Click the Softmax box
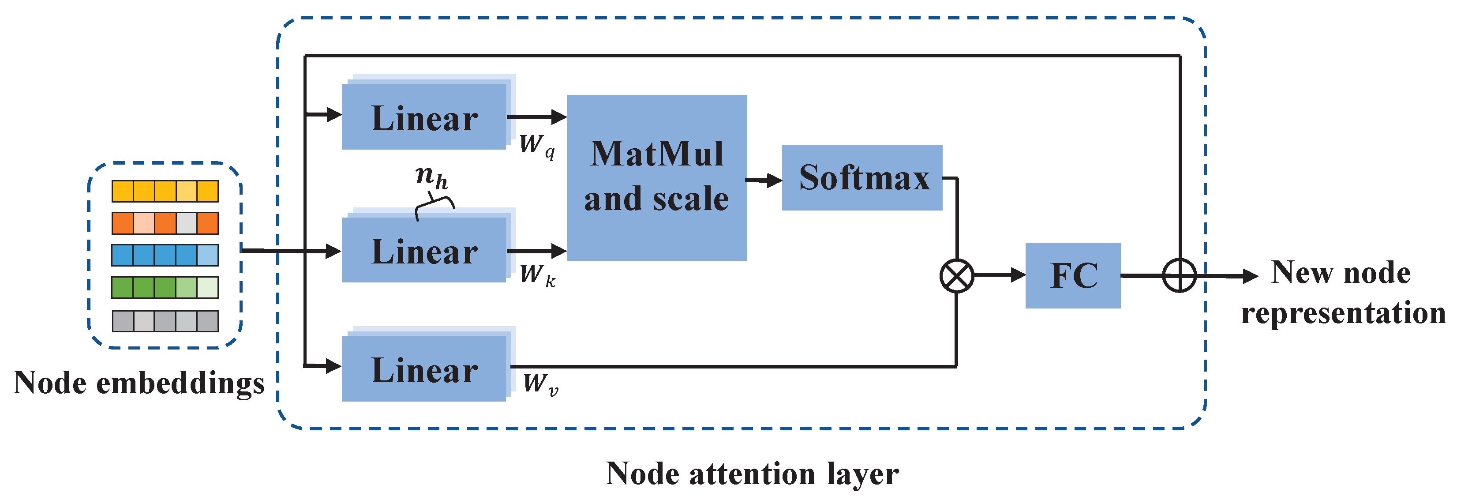click(x=862, y=177)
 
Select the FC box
click(x=1073, y=275)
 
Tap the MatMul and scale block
click(x=656, y=177)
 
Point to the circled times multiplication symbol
click(x=956, y=276)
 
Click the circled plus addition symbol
click(x=1179, y=276)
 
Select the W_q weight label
click(x=537, y=145)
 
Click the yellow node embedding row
click(x=165, y=191)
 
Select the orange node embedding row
click(x=165, y=223)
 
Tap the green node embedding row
click(x=165, y=287)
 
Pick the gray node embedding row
click(x=165, y=321)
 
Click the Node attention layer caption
click(x=752, y=474)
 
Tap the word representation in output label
click(x=1343, y=313)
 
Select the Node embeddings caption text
click(x=139, y=383)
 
